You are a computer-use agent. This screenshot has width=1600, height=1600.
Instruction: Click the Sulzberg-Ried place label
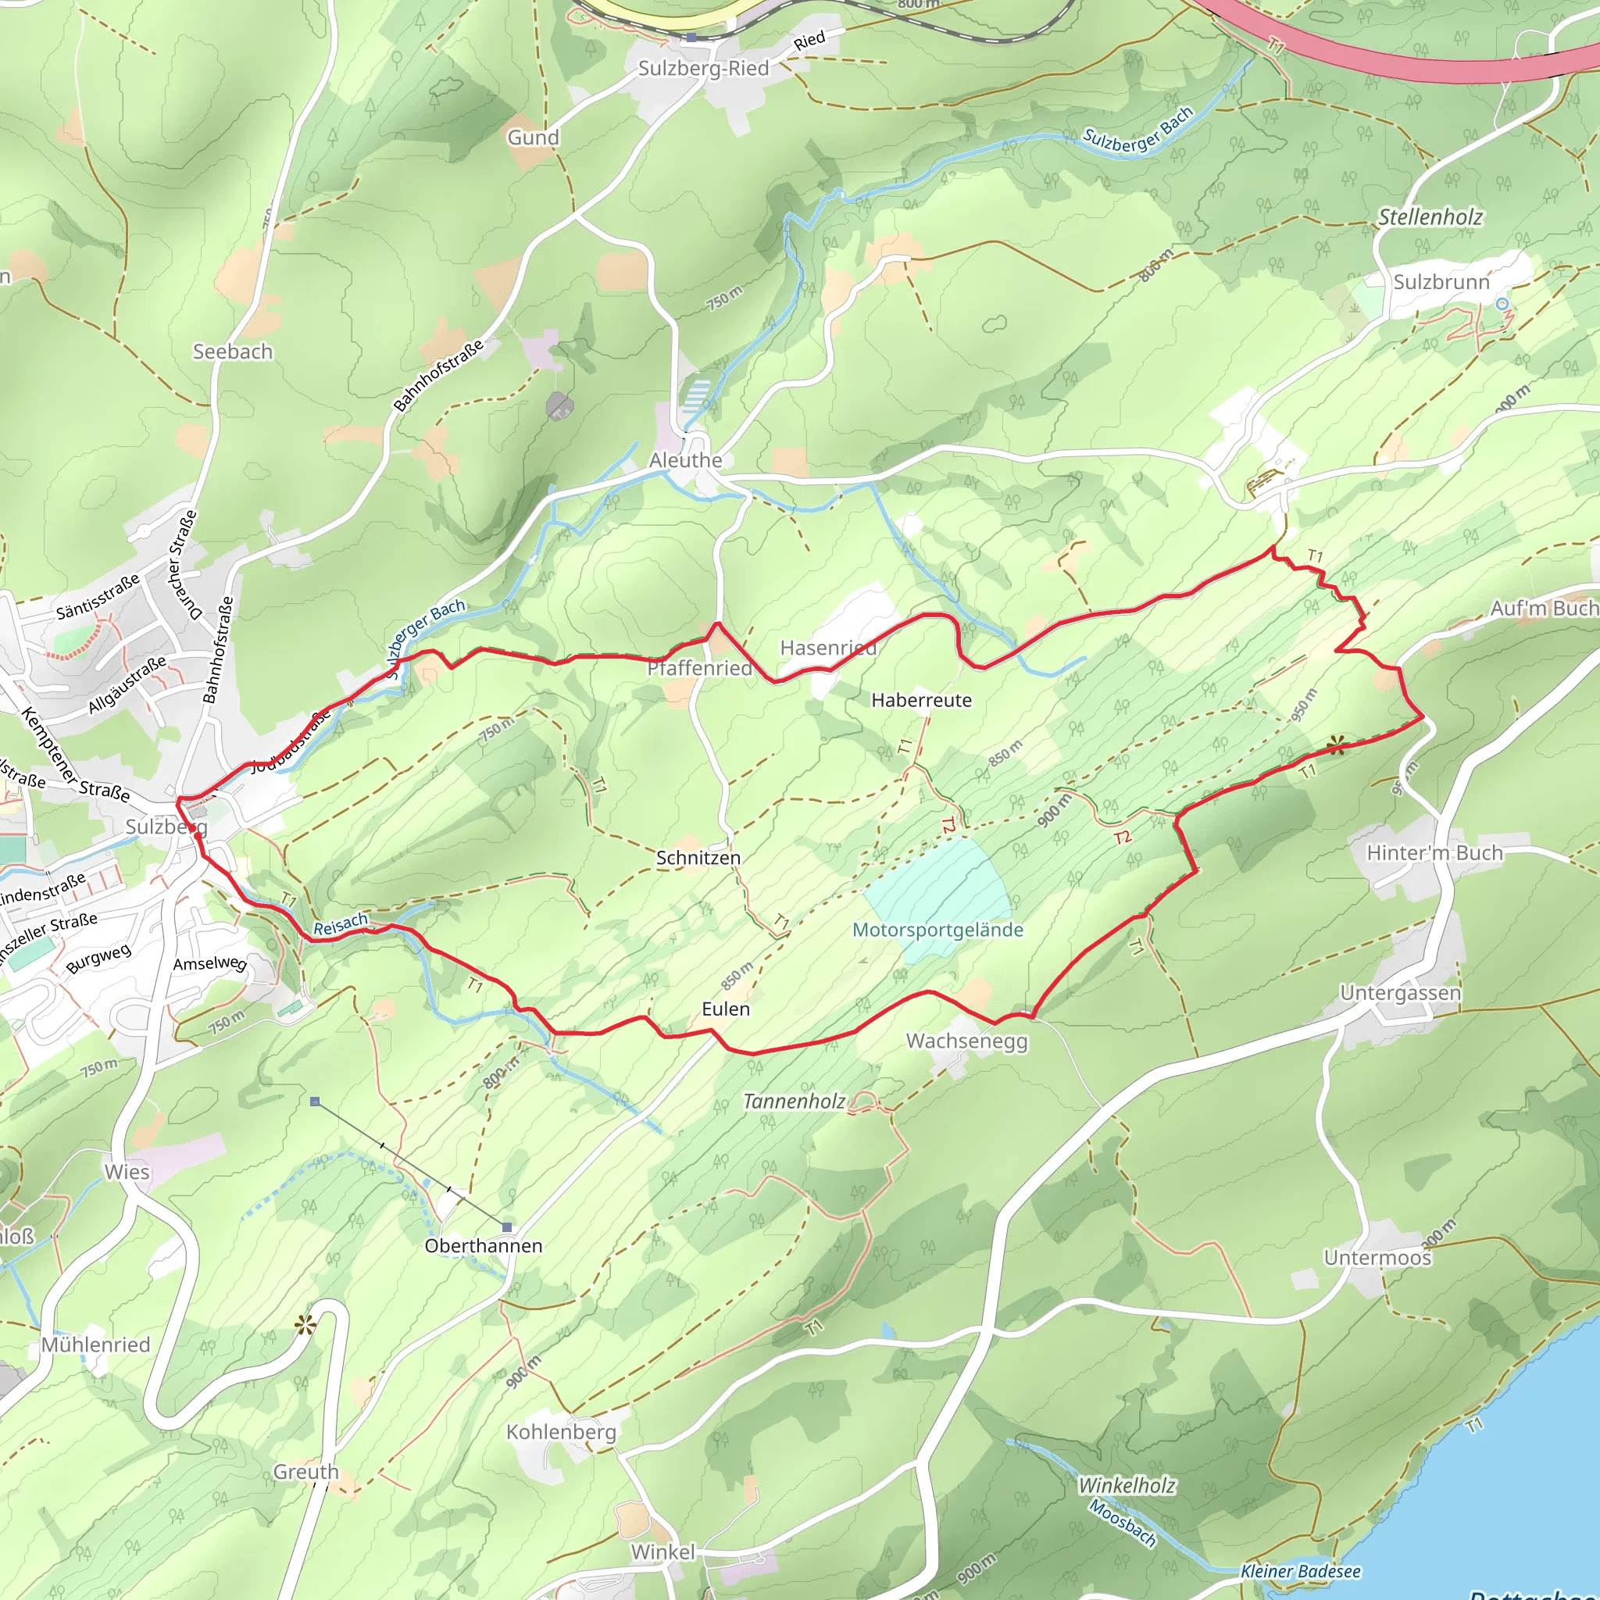coord(703,69)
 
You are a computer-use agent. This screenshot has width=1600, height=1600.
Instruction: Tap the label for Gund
coord(534,137)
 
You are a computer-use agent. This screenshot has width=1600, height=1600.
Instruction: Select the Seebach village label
coord(233,352)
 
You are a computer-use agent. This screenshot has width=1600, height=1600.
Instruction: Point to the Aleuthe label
coord(686,460)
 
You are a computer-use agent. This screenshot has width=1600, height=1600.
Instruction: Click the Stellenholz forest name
coord(1430,218)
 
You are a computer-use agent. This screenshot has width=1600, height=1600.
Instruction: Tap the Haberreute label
coord(921,701)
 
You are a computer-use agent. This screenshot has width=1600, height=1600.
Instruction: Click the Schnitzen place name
coord(698,858)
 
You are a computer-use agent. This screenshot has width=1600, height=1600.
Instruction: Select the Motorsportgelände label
coord(937,930)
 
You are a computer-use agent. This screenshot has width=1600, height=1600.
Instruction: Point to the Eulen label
coord(726,1009)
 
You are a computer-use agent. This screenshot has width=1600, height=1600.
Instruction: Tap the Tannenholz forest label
coord(794,1102)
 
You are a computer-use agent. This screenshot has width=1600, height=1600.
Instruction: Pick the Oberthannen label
coord(483,1246)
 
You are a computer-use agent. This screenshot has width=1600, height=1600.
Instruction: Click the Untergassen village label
coord(1399,993)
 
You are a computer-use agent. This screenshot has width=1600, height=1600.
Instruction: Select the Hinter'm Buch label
coord(1434,853)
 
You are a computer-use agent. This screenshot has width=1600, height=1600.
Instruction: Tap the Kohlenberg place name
coord(561,1432)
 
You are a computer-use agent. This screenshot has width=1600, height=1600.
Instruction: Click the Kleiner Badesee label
coord(1300,1572)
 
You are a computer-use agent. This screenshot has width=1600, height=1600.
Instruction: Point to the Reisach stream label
coord(340,924)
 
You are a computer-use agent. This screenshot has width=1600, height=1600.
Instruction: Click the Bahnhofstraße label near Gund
coord(438,377)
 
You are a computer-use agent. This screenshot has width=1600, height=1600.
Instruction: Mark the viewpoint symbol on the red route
coord(1335,746)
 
